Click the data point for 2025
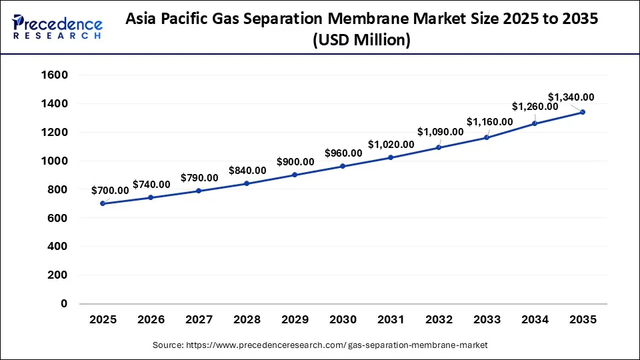(x=103, y=203)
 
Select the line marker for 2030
(x=343, y=166)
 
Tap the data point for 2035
(x=583, y=112)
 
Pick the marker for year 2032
(x=439, y=147)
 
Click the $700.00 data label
(x=110, y=190)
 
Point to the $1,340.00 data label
(x=571, y=97)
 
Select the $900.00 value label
(x=295, y=161)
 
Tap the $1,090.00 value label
(x=440, y=131)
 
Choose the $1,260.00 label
(x=535, y=107)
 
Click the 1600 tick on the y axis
(x=55, y=75)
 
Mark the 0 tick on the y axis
(x=64, y=303)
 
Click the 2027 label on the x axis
(x=199, y=320)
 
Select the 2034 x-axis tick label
(x=535, y=320)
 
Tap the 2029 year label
(x=295, y=320)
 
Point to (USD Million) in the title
(x=361, y=41)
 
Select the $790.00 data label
(x=199, y=178)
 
